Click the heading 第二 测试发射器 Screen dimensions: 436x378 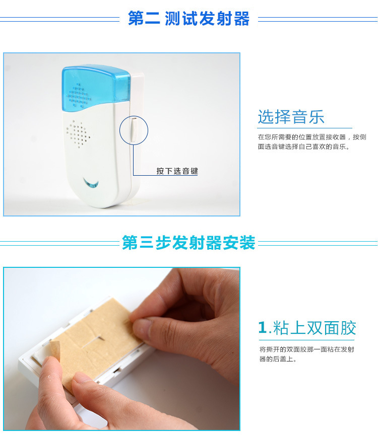[x=188, y=19]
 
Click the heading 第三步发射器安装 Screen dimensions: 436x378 [x=188, y=243]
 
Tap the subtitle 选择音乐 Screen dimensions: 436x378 [x=291, y=117]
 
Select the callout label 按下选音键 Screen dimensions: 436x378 [x=177, y=171]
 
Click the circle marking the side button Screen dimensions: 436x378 [x=134, y=130]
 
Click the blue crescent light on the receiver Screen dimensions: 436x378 [x=92, y=183]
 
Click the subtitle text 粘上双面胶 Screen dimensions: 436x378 [x=314, y=328]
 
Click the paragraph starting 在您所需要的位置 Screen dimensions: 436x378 [x=311, y=142]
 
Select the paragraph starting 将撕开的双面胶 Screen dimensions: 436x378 [x=306, y=354]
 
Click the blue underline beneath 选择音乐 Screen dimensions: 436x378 [x=305, y=128]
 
